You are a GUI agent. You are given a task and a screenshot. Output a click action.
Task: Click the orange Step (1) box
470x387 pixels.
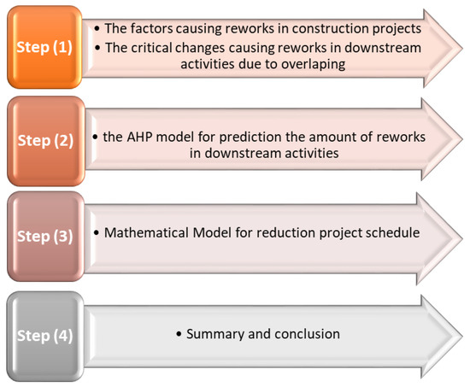pos(44,47)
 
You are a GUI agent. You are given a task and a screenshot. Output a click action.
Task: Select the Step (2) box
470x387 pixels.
pos(46,141)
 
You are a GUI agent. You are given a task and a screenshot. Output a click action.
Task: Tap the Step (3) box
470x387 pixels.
pos(45,237)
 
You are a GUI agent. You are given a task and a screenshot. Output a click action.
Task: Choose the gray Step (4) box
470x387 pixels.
pos(45,336)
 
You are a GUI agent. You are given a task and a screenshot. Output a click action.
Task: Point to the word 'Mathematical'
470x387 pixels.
pos(146,233)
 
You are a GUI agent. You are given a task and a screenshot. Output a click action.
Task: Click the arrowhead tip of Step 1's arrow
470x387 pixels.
pos(462,48)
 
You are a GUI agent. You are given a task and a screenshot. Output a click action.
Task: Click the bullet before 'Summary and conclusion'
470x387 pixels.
pos(179,334)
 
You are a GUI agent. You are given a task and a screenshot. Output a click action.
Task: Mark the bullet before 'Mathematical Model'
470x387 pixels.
pos(97,233)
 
